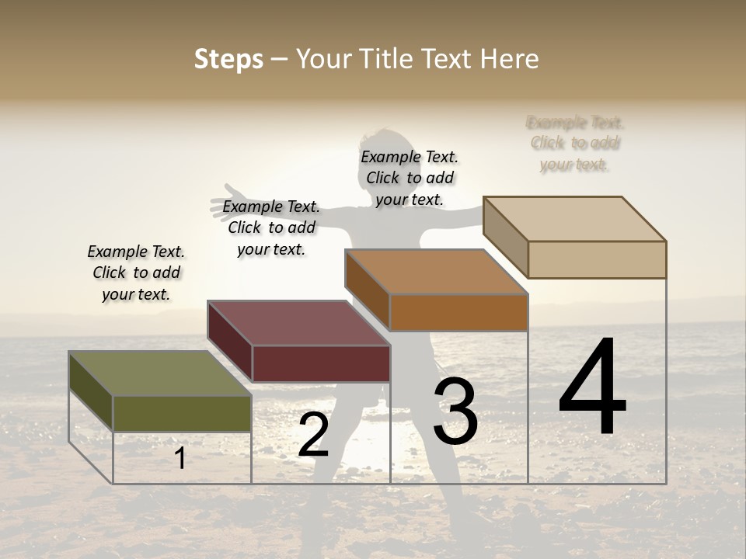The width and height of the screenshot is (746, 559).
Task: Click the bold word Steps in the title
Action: point(228,59)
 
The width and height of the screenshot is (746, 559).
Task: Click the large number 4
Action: point(592,388)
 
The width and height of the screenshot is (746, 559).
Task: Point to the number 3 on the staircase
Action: point(455,411)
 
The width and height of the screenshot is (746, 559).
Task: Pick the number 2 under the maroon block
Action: point(313,436)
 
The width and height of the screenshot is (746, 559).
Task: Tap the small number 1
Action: point(180,459)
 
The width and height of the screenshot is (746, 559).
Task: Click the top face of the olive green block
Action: point(159,373)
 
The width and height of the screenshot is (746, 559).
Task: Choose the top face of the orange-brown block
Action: point(437,272)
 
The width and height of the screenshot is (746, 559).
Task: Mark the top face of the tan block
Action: point(575,218)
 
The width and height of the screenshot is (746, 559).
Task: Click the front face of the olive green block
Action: point(182,413)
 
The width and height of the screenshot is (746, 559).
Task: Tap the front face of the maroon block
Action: point(321,363)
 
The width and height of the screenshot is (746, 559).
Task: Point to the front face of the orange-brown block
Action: point(458,312)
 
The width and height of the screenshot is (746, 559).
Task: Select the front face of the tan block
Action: point(597,259)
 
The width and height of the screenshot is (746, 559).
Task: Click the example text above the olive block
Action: point(136,273)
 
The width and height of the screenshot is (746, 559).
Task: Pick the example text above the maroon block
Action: point(271,227)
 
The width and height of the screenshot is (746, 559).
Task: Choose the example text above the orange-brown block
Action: point(410,178)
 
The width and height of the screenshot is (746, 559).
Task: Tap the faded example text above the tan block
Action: point(575,144)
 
